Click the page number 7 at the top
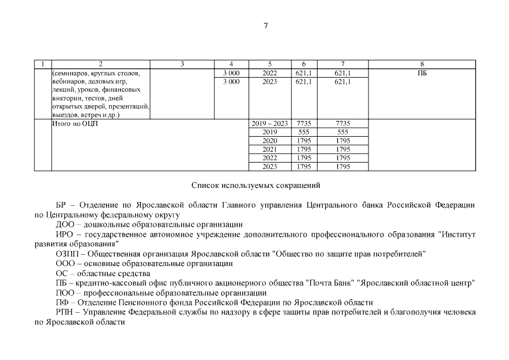tap(265, 25)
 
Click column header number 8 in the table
tap(422, 64)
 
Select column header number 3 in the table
tap(183, 64)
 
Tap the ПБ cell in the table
tap(422, 73)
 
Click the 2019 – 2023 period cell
tap(270, 123)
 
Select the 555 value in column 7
tap(343, 132)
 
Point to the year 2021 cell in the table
tap(270, 149)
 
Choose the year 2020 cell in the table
tap(270, 141)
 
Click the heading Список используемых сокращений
tap(255, 184)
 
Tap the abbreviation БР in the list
tap(62, 205)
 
